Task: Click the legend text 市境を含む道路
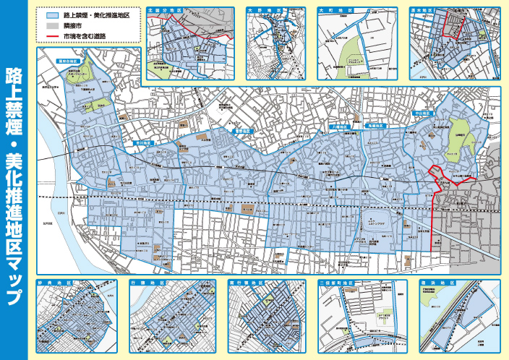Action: pyautogui.click(x=86, y=35)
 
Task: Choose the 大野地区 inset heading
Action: pyautogui.click(x=260, y=11)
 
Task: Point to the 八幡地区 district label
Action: pyautogui.click(x=338, y=126)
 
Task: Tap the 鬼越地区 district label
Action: pyautogui.click(x=382, y=126)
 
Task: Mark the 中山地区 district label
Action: pyautogui.click(x=422, y=113)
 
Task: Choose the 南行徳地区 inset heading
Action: pyautogui.click(x=246, y=283)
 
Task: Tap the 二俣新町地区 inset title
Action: pyautogui.click(x=337, y=283)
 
